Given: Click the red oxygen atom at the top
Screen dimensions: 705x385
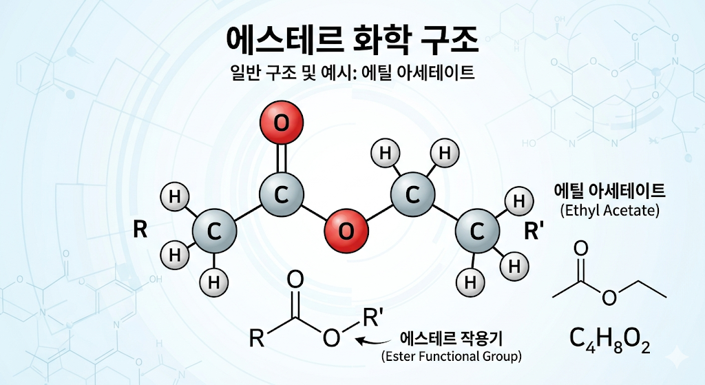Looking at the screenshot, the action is click(282, 123).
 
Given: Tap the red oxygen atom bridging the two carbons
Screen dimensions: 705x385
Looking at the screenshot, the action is click(346, 231).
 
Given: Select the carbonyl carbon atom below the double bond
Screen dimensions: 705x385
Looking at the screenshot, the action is click(282, 195).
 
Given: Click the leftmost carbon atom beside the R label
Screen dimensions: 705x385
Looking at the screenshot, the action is click(215, 231).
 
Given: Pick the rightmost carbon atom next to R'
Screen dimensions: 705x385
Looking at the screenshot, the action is click(477, 231).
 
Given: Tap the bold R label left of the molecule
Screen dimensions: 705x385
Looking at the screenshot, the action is click(140, 229).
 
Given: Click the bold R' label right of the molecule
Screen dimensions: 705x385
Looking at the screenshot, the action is click(534, 231).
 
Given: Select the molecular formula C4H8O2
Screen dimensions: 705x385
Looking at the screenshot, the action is click(610, 340).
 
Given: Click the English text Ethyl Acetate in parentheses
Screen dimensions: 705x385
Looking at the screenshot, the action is click(610, 210).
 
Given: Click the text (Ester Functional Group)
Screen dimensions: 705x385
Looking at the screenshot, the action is click(452, 357).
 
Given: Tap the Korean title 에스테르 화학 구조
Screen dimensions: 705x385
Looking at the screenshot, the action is click(352, 40).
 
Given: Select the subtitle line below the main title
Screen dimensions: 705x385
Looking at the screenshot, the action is click(352, 72).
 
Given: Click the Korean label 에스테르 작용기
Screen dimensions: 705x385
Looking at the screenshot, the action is click(452, 337).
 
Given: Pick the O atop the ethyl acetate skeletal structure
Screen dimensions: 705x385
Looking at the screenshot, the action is click(581, 249).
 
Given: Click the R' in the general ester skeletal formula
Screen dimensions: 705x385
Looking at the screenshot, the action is click(372, 317).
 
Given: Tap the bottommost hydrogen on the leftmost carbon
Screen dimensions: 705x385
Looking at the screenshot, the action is click(215, 282).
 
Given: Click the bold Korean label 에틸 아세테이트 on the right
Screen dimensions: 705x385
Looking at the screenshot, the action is click(610, 191).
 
